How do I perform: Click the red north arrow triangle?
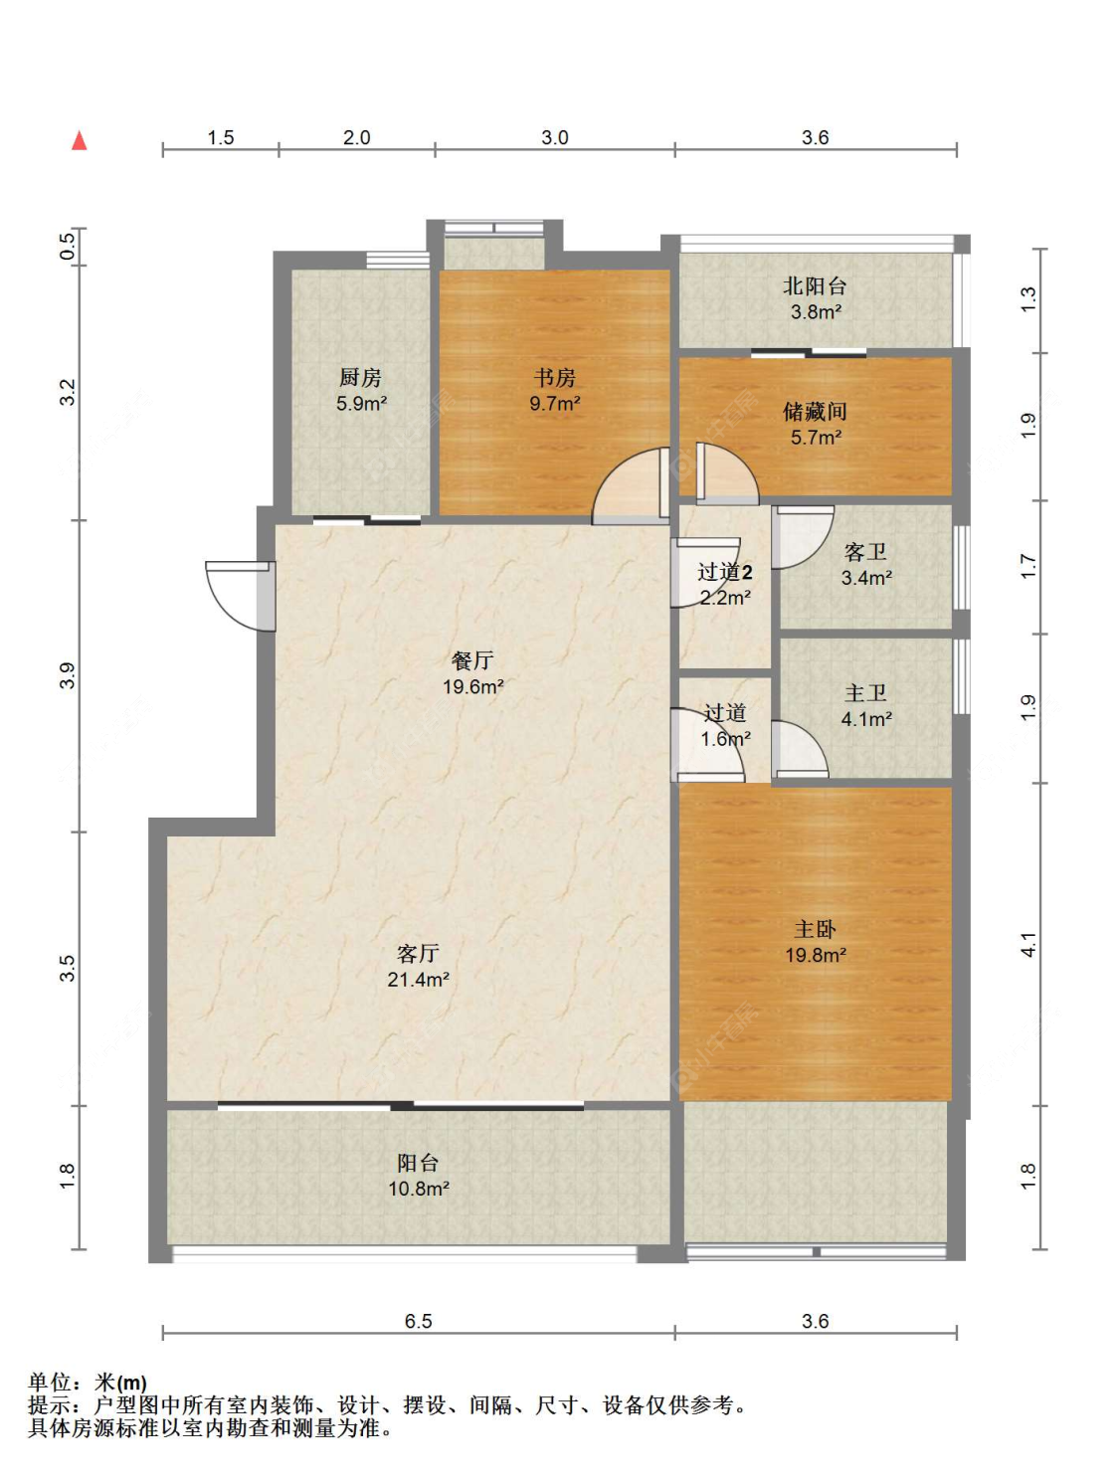click(80, 140)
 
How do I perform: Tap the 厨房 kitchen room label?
click(360, 377)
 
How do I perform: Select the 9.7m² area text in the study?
click(555, 403)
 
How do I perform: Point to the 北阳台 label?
click(815, 285)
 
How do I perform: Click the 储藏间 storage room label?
click(815, 411)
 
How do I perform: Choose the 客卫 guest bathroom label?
click(865, 552)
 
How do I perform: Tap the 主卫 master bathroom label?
click(865, 692)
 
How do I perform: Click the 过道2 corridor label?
click(725, 572)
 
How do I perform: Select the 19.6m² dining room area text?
click(473, 686)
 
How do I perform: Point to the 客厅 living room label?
click(418, 953)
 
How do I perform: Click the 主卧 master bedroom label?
click(815, 929)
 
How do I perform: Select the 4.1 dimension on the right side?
click(1027, 944)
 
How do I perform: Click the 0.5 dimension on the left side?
click(68, 246)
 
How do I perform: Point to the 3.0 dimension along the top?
click(555, 137)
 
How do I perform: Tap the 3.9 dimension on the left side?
click(68, 675)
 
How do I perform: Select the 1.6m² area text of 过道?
click(725, 739)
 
